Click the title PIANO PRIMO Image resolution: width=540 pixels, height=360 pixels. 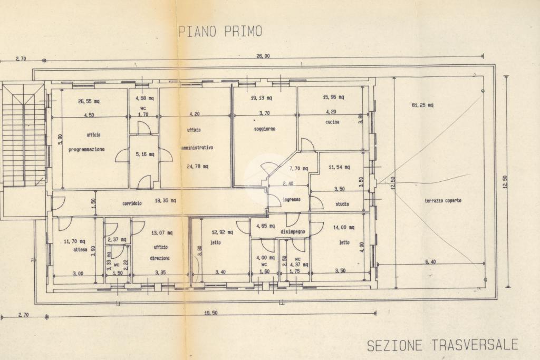[x=220, y=32]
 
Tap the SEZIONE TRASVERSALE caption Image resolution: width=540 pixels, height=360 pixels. [x=442, y=346]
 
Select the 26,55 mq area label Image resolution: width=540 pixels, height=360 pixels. [x=89, y=101]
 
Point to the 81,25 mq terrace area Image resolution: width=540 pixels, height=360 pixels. [x=422, y=105]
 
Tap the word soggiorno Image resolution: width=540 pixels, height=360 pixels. [x=264, y=129]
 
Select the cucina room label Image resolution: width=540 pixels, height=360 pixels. [x=332, y=122]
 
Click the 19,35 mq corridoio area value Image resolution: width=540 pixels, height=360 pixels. [x=165, y=201]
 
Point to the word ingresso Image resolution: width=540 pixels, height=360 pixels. [x=291, y=199]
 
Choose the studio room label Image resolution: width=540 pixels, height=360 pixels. [x=342, y=204]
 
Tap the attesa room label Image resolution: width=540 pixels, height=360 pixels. [x=80, y=249]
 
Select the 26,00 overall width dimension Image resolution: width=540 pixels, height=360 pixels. [x=263, y=56]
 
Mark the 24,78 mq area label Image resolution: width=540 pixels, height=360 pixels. [x=197, y=167]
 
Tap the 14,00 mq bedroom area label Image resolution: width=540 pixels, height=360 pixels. [x=343, y=228]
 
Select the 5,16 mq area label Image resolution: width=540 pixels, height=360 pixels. [x=144, y=154]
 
